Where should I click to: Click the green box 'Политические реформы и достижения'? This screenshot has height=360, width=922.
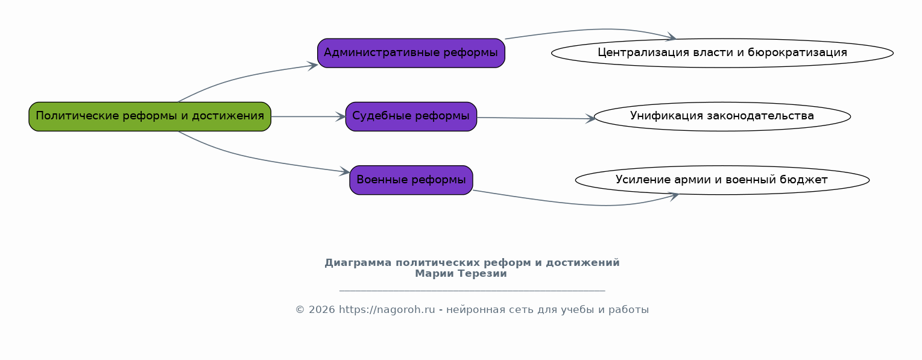(x=150, y=116)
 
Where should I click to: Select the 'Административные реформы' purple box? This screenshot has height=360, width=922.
(x=411, y=53)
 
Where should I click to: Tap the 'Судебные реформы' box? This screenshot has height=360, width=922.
(x=411, y=116)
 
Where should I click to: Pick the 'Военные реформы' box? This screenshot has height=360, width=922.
(x=411, y=180)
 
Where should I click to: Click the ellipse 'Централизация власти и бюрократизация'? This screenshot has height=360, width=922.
(x=722, y=53)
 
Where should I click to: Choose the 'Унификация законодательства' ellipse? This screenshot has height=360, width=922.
(x=722, y=116)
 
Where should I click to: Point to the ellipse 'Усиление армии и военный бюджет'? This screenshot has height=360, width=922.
(x=722, y=180)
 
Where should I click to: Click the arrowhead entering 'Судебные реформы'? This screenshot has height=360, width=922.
(x=341, y=116)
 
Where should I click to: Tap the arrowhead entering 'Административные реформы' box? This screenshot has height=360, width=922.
(x=312, y=65)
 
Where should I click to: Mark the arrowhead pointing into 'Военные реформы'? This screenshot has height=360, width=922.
(x=344, y=172)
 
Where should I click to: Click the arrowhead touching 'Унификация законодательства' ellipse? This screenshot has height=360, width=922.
(x=590, y=118)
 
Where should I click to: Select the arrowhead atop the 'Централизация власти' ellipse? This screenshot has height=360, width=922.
(x=671, y=37)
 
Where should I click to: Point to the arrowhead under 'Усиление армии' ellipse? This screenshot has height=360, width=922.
(x=674, y=196)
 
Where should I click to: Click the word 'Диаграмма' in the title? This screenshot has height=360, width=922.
(x=358, y=262)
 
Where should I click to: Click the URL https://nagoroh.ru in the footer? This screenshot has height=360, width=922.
(x=387, y=309)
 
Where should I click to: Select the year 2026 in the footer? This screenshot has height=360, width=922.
(x=322, y=309)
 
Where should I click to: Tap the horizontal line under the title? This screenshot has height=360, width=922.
(x=472, y=291)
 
